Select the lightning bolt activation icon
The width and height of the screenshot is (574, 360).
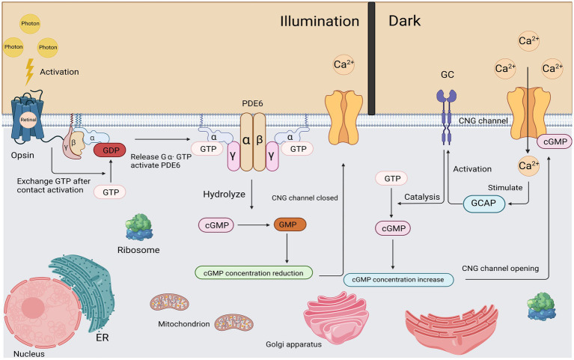pos(30,72)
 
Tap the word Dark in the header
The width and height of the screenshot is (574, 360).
pos(408,22)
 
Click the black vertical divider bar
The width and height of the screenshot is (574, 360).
pos(371,58)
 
